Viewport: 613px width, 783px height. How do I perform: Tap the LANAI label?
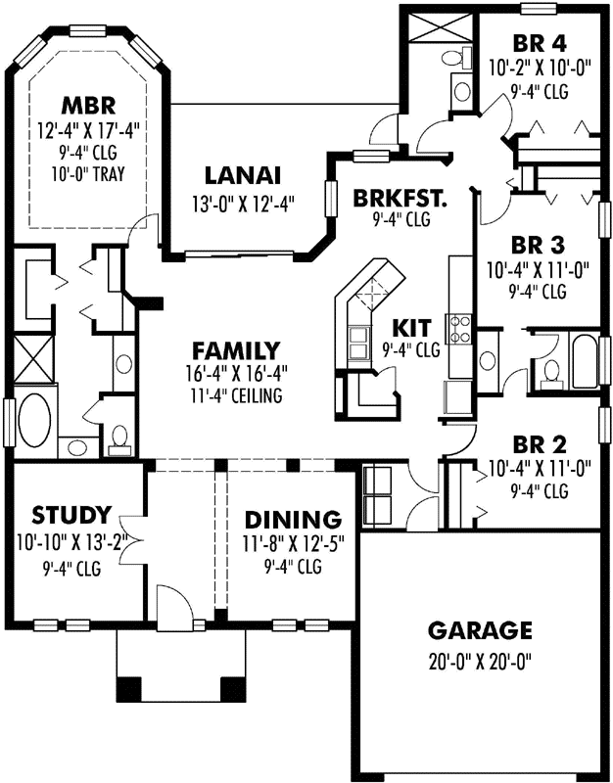[x=243, y=176]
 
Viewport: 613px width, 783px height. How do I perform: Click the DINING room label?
[x=294, y=519]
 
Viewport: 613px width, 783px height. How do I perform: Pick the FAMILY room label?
[x=236, y=350]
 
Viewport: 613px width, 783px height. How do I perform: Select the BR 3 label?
[x=540, y=243]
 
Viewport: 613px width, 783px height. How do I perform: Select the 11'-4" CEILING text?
[x=236, y=396]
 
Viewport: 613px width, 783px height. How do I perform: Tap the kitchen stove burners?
[x=458, y=330]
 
